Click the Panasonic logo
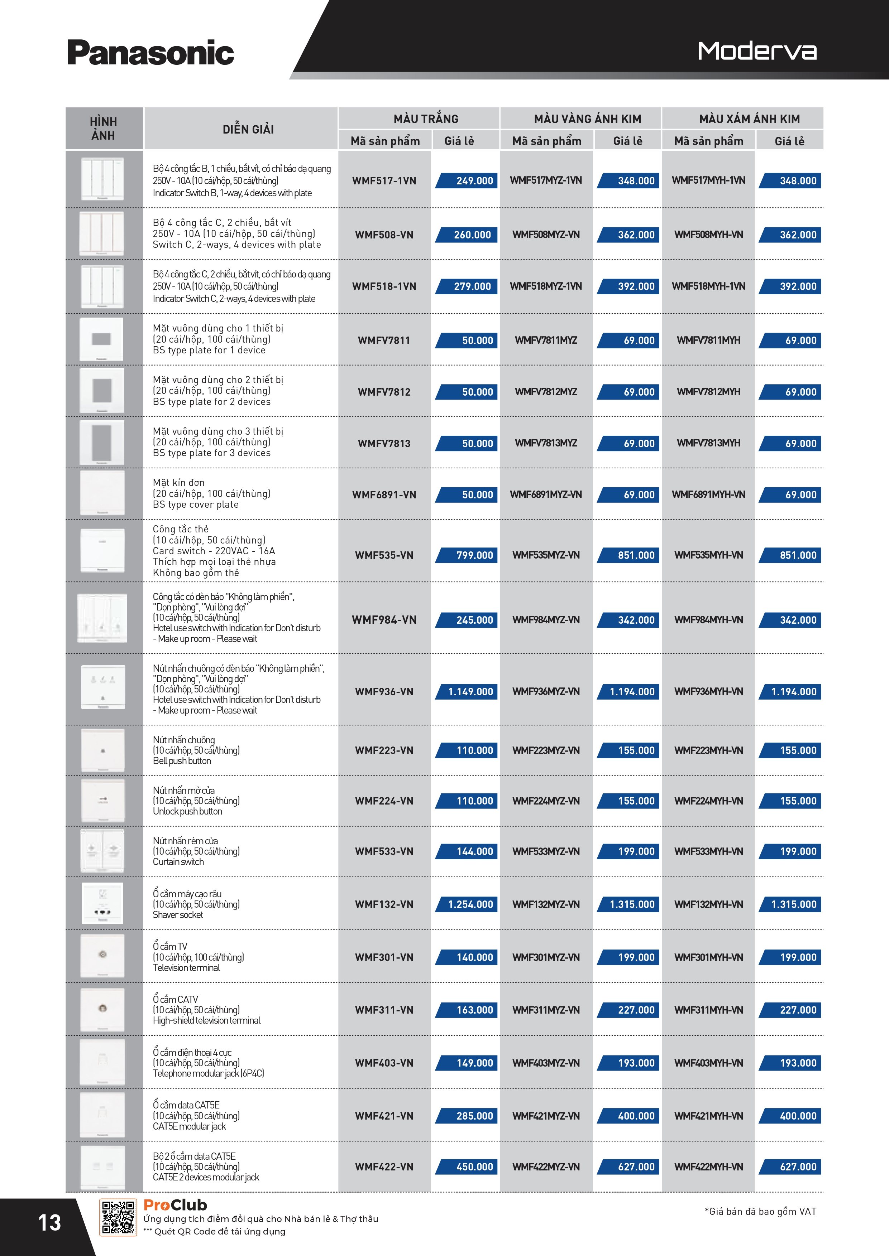pos(150,53)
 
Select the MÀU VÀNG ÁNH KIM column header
pos(587,119)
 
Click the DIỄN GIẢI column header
pos(248,129)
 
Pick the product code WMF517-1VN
pos(384,180)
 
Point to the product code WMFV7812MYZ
pos(546,392)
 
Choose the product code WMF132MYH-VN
pos(708,904)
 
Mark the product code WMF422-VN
pos(384,1167)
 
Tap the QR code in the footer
pos(118,1218)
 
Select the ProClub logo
pos(175,1205)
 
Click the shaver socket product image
pos(102,903)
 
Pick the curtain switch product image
pos(102,851)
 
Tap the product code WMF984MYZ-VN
pos(546,620)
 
